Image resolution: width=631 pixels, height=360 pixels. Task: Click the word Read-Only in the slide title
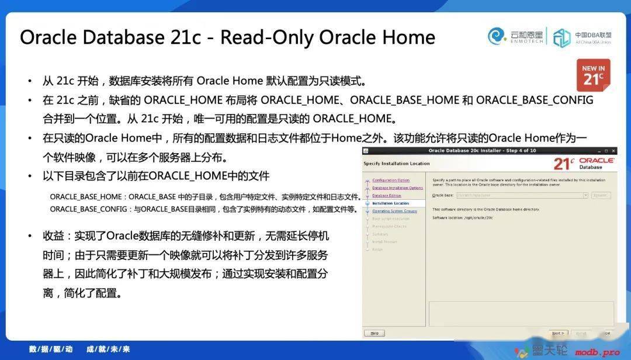pyautogui.click(x=266, y=37)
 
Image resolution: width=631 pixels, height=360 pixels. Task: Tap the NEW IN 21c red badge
pyautogui.click(x=593, y=75)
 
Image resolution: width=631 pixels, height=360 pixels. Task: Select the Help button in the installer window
pyautogui.click(x=374, y=333)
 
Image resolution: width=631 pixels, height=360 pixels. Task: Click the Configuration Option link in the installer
pyautogui.click(x=391, y=180)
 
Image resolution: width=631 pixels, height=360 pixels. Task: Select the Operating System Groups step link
pyautogui.click(x=394, y=211)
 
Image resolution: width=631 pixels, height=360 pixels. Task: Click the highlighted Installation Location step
pyautogui.click(x=390, y=203)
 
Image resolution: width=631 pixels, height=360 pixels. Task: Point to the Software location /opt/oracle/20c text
pyautogui.click(x=463, y=217)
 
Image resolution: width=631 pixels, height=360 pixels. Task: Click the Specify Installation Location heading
pyautogui.click(x=396, y=164)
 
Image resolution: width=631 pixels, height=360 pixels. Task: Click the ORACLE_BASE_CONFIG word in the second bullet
pyautogui.click(x=535, y=100)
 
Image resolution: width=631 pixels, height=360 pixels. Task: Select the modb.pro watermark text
pyautogui.click(x=597, y=352)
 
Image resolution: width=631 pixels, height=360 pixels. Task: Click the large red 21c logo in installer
pyautogui.click(x=564, y=163)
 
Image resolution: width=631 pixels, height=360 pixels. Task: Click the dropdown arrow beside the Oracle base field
pyautogui.click(x=585, y=195)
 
